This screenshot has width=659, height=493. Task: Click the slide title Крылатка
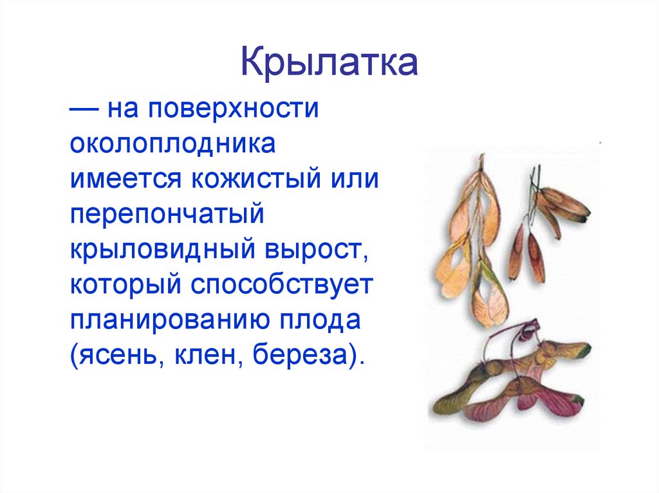[x=329, y=65]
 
